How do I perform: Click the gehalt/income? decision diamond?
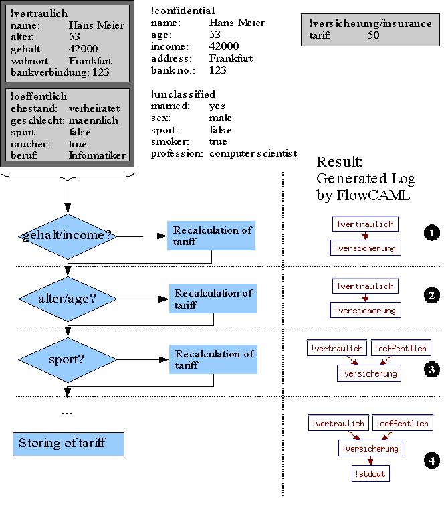67,236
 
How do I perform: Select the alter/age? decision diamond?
67,299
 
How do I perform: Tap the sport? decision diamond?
67,359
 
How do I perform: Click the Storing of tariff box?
68,444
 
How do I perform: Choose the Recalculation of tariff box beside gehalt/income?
212,236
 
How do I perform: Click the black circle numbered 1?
431,233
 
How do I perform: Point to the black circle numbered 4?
431,460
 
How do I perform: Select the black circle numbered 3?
431,369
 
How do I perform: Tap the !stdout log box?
369,474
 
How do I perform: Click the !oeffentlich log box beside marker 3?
401,348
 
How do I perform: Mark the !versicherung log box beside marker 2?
365,311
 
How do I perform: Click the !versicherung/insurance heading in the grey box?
370,23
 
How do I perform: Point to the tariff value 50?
374,35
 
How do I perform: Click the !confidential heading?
183,11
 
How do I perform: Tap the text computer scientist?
253,153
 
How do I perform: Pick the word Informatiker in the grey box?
97,155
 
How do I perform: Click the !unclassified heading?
183,94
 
